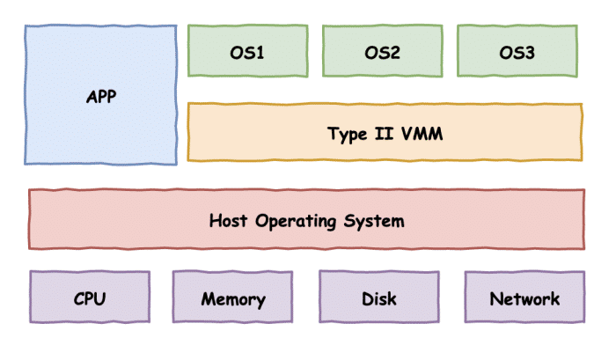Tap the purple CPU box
click(89, 297)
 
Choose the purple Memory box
click(232, 297)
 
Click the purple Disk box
click(379, 297)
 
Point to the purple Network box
click(524, 297)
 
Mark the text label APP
click(101, 97)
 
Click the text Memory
click(232, 299)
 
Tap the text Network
click(524, 298)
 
